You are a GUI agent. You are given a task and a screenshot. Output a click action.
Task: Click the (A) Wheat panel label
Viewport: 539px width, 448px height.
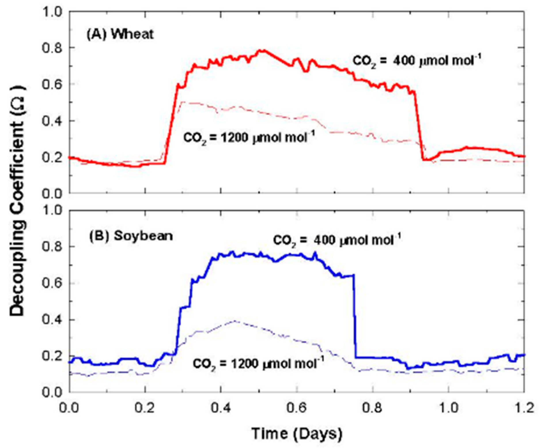(120, 35)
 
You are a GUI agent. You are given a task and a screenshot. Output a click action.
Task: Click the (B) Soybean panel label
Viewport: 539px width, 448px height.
(131, 236)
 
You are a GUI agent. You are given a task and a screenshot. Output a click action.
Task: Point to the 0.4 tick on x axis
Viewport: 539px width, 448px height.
(221, 409)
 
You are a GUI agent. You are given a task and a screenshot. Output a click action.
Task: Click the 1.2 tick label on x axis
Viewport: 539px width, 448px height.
(524, 409)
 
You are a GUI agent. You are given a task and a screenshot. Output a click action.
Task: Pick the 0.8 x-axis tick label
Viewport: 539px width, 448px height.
(372, 409)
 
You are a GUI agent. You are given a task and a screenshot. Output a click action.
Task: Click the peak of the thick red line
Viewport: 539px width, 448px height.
(263, 50)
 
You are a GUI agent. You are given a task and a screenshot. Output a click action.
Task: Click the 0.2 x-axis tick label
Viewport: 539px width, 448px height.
(145, 409)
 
